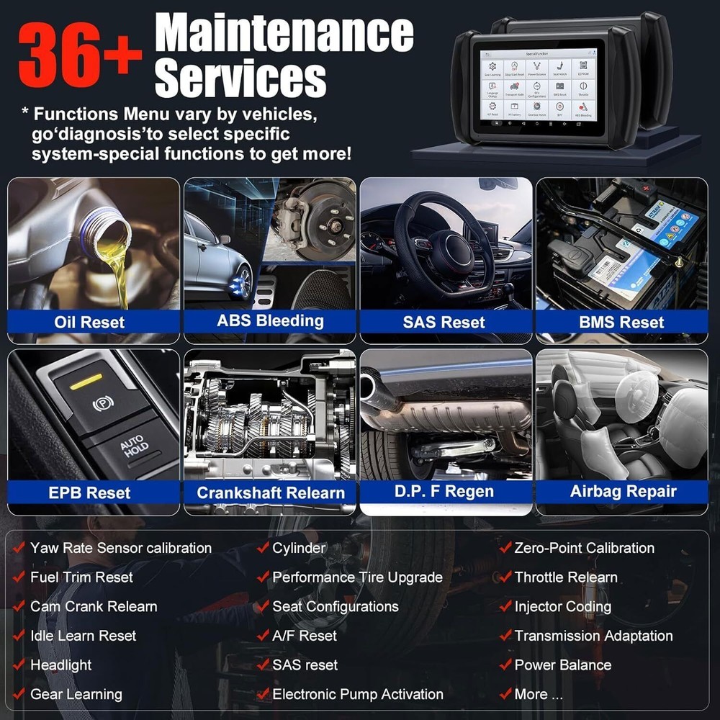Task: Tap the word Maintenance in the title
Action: click(284, 35)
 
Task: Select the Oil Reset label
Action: click(89, 322)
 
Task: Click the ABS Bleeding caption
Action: click(270, 320)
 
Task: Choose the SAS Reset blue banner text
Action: click(444, 322)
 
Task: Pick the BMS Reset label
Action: click(621, 322)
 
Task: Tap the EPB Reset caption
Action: click(89, 493)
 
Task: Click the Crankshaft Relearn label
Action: click(271, 493)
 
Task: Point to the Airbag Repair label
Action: click(624, 492)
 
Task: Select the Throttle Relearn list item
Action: click(565, 577)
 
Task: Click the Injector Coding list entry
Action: click(562, 606)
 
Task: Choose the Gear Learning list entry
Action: click(76, 694)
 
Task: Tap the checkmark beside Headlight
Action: click(19, 665)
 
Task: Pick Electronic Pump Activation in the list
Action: click(357, 694)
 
